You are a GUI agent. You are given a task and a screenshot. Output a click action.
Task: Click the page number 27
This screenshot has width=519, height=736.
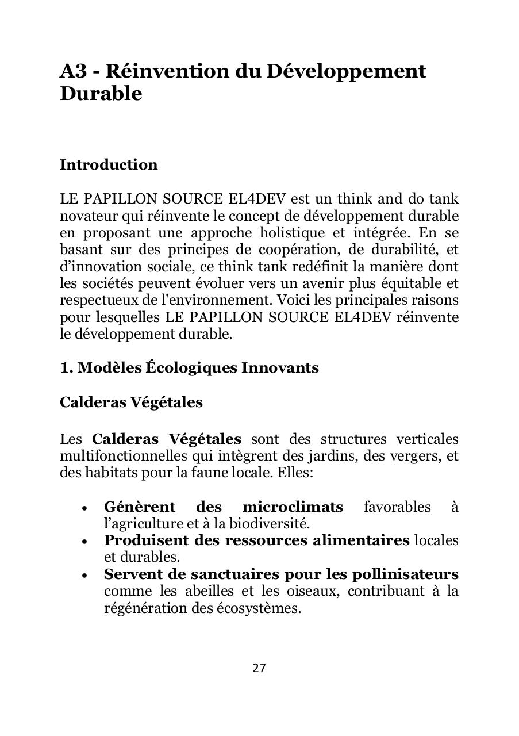point(259,668)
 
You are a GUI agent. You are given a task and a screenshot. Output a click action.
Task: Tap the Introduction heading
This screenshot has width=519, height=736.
point(109,165)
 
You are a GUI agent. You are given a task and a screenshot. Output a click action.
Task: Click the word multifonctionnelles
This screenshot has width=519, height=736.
point(122,457)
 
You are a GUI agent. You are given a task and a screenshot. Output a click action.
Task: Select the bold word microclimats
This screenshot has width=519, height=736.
point(293,507)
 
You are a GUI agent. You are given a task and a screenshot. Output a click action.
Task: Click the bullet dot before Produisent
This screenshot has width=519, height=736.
point(85,542)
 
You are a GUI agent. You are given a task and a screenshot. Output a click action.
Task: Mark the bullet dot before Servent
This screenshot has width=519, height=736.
point(85,575)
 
